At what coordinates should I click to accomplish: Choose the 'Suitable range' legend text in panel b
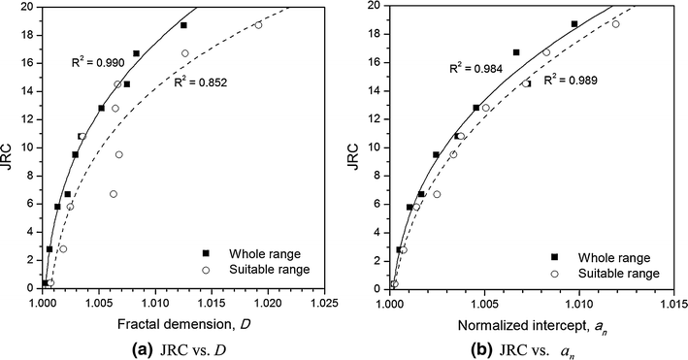tap(612, 274)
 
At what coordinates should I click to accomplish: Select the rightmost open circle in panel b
tap(615, 24)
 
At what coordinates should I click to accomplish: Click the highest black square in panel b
tap(573, 24)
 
